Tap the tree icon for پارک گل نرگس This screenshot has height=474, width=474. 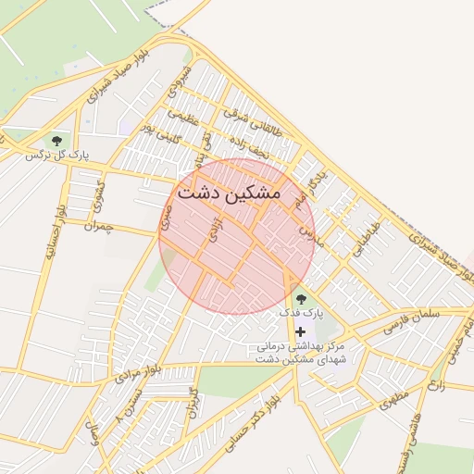coord(57,140)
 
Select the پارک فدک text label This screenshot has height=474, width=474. coord(302,314)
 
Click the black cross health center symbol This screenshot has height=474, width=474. coord(300,331)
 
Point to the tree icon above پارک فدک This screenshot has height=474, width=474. coord(301,298)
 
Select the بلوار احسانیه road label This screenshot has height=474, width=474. coord(52,232)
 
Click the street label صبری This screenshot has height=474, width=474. coord(166,218)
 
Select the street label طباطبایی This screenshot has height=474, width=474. coord(368,234)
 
